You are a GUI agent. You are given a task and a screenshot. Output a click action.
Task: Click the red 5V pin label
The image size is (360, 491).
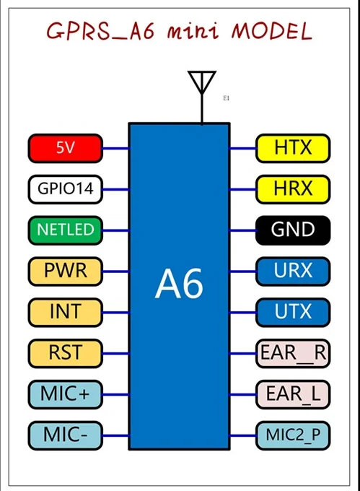tap(66, 148)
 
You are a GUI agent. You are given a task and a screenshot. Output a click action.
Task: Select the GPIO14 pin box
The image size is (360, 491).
tap(66, 189)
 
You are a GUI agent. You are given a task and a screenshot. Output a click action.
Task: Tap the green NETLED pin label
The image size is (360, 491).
tap(66, 230)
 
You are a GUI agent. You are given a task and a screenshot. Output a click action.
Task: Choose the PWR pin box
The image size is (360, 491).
tap(66, 271)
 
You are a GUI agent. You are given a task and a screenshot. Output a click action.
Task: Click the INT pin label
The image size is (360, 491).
tap(66, 312)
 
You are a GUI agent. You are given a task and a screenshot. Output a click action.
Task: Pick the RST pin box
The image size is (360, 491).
tap(66, 353)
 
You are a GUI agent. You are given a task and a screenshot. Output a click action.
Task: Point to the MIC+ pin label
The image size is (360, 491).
tap(66, 394)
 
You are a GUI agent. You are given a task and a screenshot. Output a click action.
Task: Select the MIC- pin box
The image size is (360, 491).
tap(66, 435)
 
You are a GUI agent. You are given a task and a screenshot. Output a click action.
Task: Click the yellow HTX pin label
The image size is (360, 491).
tap(293, 148)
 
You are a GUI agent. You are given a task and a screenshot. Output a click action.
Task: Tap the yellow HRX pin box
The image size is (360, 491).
tap(293, 189)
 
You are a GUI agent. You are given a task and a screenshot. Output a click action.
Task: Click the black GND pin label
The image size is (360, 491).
tap(293, 230)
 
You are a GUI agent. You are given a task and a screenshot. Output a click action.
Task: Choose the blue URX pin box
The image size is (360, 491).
tap(293, 271)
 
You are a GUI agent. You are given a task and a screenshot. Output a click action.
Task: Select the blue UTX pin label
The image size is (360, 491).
tap(293, 312)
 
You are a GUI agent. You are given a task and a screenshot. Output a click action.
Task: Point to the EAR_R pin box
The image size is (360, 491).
tap(293, 353)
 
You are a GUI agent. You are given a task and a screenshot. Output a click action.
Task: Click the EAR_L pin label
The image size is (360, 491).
tap(293, 394)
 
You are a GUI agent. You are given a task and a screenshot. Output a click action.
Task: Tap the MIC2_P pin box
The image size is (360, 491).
tap(293, 435)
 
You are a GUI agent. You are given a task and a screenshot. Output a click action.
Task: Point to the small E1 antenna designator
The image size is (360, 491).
tap(227, 97)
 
